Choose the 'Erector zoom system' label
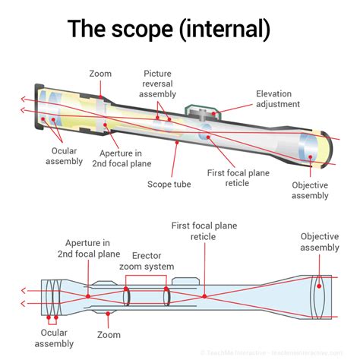click(147, 261)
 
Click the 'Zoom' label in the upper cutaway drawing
click(100, 74)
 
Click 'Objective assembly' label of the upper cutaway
click(310, 190)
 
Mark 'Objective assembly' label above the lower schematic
click(319, 242)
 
